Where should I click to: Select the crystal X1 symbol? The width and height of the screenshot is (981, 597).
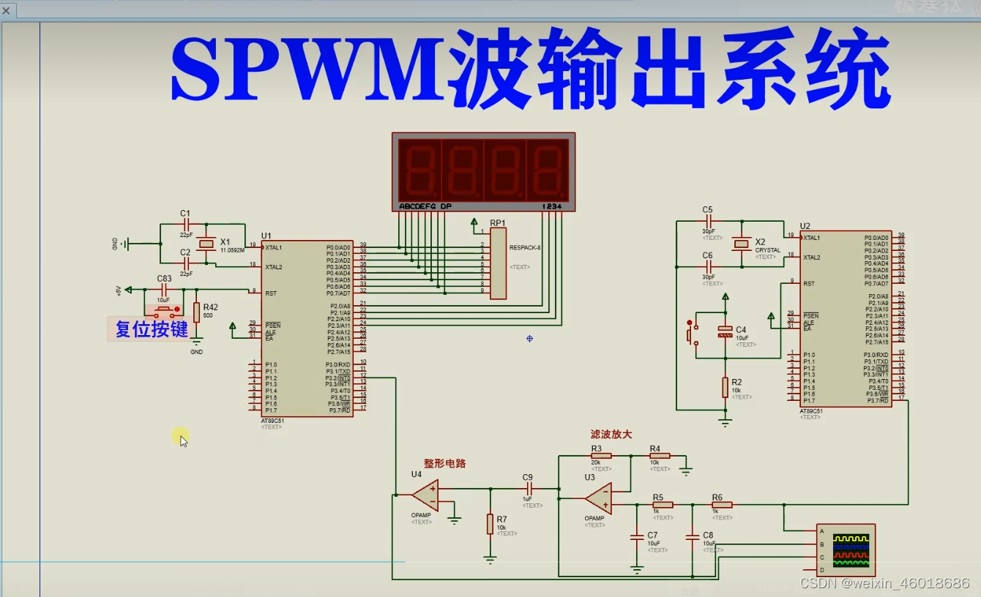coord(207,243)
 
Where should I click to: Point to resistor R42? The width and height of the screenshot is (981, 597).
coord(196,312)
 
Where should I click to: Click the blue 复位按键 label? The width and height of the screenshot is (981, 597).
coord(152,329)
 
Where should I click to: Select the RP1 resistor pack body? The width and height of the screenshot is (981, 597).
coord(498,263)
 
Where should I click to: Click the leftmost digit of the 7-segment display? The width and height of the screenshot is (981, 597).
coord(419,169)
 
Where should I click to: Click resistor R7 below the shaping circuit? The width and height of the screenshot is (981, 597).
coord(490,524)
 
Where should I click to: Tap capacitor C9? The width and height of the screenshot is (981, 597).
coord(528,488)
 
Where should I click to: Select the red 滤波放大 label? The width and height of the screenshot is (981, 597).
coord(611,435)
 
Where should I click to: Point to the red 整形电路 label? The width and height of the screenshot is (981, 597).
coord(444,463)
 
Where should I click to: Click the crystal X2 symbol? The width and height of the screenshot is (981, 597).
coord(742,243)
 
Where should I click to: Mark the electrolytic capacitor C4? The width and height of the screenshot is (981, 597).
coord(725,331)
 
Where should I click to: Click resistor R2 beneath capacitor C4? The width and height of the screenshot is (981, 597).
coord(725,387)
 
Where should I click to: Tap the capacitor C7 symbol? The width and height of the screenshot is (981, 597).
coord(636,538)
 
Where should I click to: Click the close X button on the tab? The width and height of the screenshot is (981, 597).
coord(7,10)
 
